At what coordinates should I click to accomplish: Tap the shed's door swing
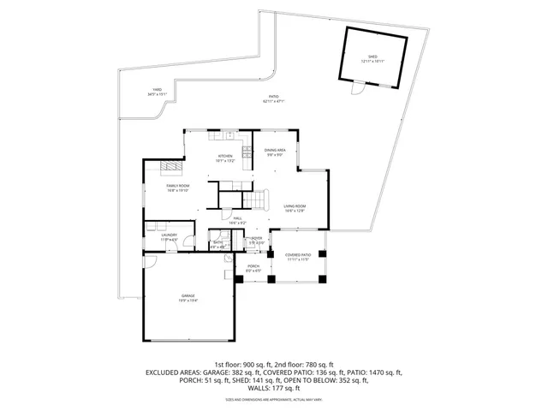coord(356,87)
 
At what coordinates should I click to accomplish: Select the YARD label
coord(157,91)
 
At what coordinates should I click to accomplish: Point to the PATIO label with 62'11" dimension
coord(274,98)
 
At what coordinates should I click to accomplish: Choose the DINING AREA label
coord(274,152)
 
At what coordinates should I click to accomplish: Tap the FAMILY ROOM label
coord(177,188)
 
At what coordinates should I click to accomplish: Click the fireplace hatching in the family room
coord(174,166)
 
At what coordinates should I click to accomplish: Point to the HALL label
coord(238,220)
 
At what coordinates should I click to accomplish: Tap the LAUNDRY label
coord(169,237)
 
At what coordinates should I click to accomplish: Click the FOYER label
coord(256,241)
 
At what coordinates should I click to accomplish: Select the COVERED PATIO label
coord(296,257)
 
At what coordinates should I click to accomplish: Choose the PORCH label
coord(253,268)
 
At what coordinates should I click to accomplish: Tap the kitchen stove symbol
coord(245,154)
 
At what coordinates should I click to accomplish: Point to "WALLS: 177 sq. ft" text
coord(274,390)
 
